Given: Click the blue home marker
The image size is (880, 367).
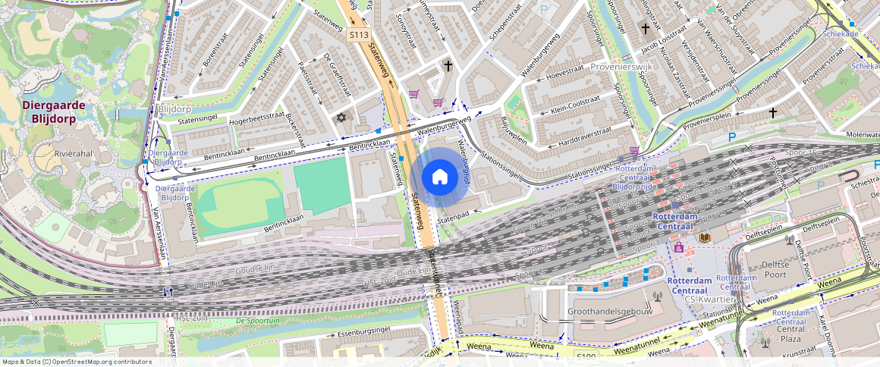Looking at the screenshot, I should (439, 177).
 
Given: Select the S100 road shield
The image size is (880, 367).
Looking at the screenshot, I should (586, 356).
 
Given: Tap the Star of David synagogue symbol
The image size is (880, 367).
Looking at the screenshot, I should (341, 118).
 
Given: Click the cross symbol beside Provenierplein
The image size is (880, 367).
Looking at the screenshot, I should (773, 113).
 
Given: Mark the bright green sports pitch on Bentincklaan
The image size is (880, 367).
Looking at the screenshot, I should (322, 186).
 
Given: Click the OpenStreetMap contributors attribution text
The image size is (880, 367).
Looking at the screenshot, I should (76, 362).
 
